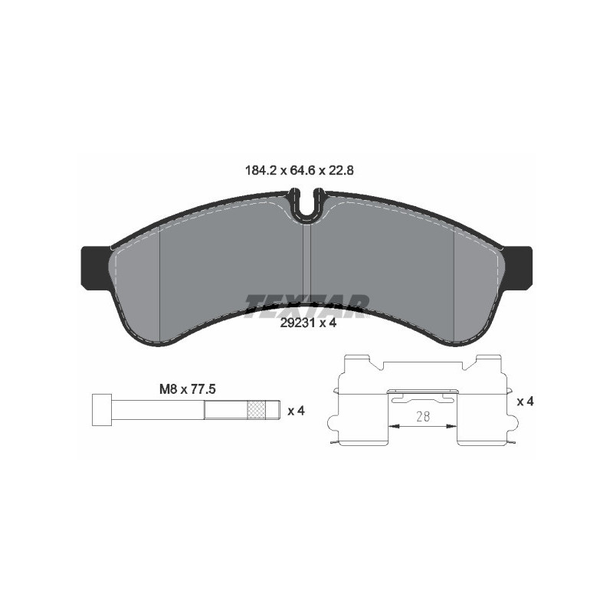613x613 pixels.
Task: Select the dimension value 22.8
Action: point(339,171)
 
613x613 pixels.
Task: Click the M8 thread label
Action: point(169,388)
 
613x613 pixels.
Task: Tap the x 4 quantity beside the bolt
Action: point(296,410)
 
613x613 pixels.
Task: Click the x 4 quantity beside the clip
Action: point(526,401)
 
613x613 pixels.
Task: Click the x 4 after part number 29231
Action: point(328,323)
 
